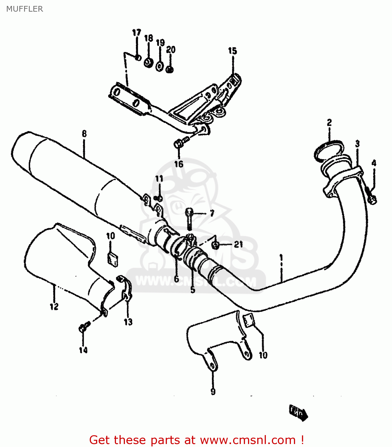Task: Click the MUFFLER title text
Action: (x=24, y=9)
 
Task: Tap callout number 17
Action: (x=136, y=32)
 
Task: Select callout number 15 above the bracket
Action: (x=233, y=51)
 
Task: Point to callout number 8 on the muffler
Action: (x=84, y=134)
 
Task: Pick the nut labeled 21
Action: (x=216, y=245)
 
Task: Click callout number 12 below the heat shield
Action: (x=54, y=306)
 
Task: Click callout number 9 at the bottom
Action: (x=213, y=391)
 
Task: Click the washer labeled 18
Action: (x=148, y=63)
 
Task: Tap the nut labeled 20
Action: (x=170, y=69)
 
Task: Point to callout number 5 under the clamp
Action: (x=193, y=289)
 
